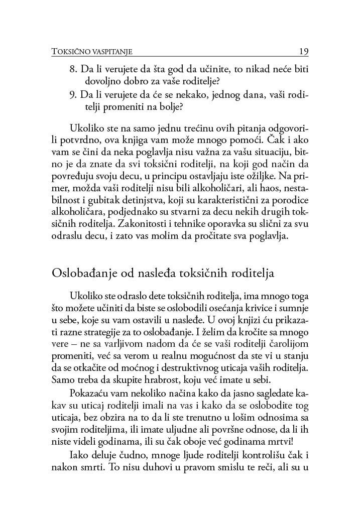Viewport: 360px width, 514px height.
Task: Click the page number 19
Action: coord(303,51)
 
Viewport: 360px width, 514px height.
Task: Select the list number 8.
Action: coord(72,69)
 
